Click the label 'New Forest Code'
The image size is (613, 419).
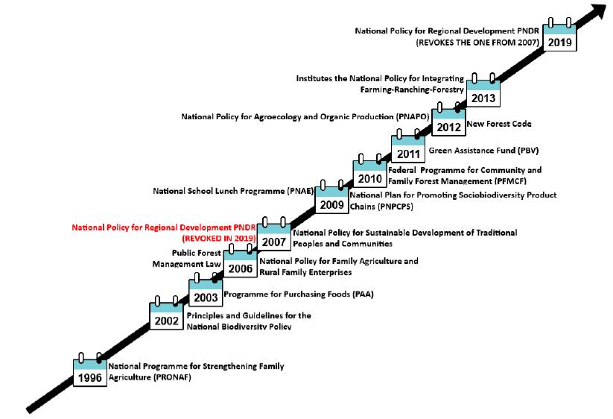click(x=498, y=124)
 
